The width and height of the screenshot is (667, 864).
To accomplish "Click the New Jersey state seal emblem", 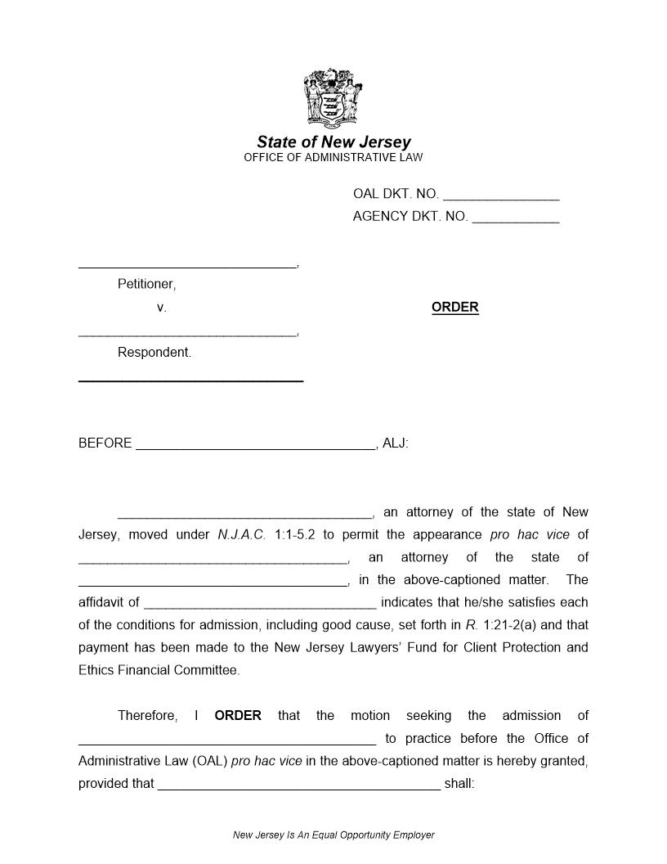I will point(333,98).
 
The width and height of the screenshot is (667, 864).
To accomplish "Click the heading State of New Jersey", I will point(333,142).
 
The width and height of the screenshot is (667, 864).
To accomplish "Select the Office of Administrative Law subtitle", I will point(333,157).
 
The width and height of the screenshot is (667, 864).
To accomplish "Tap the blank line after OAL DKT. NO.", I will point(501,198).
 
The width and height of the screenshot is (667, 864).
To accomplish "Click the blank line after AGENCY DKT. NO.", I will point(516,220).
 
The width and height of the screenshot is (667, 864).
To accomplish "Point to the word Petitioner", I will point(146,284).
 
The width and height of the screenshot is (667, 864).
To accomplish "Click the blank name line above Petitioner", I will point(187,266).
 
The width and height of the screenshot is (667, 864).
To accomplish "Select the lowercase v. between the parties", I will point(161,308).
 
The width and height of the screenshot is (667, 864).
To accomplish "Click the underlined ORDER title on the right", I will point(454,308).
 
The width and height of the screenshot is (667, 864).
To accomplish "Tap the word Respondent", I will point(154,353).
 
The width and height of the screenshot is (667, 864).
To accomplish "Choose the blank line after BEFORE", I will point(255,448).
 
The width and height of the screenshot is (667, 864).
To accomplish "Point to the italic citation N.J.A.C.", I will point(242,535).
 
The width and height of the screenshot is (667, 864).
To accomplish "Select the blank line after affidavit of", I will point(260,607).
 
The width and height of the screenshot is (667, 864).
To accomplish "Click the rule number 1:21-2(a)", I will point(511,625).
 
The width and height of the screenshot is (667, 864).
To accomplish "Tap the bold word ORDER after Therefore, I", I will point(238,716).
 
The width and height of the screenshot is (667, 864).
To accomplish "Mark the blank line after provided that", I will point(298,788).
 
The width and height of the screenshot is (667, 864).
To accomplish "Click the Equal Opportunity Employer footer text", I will point(333,835).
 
